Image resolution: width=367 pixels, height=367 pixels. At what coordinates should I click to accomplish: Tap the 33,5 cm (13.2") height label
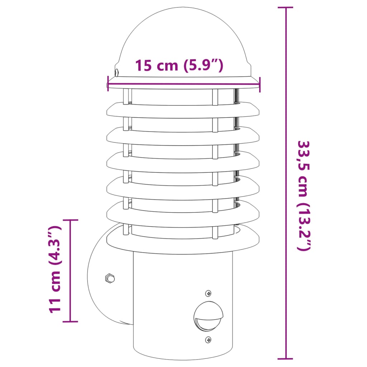coord(303,195)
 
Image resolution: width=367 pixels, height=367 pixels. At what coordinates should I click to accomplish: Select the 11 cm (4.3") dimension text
coord(54,270)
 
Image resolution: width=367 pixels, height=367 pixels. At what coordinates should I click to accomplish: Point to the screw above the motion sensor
coord(208,294)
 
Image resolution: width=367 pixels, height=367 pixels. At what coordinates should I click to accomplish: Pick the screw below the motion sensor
coord(208,339)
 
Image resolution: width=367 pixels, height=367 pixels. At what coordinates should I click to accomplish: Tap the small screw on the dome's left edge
coord(117,73)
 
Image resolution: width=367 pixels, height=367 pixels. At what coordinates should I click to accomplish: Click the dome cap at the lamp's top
coord(183,39)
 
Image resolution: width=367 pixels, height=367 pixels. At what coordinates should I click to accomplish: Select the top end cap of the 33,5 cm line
coord(286,8)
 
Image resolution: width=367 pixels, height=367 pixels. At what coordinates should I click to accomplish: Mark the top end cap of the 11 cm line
coord(70,220)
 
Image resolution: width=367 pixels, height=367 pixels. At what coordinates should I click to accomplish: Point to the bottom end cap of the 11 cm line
coord(70,321)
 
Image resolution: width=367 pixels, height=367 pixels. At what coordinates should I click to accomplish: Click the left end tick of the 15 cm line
coord(108,83)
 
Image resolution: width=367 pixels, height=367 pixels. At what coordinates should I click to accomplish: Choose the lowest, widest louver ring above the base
coord(183,240)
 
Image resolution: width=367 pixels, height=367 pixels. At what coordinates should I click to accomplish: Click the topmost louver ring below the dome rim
coord(183,110)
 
